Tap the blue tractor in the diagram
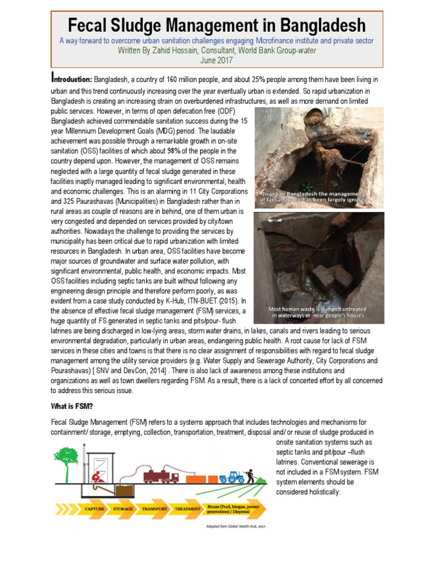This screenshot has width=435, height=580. click(232, 476)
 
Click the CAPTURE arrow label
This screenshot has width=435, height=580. click(94, 509)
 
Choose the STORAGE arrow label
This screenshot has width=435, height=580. click(123, 509)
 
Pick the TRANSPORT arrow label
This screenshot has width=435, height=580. click(154, 509)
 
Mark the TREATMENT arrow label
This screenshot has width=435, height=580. click(187, 509)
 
